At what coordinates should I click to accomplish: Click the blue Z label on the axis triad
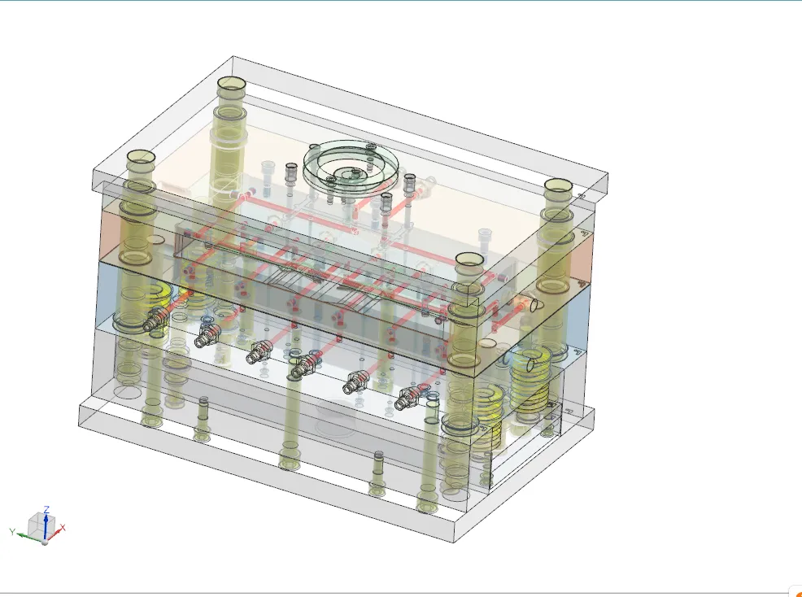(47, 509)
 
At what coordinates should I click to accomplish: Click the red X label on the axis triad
(63, 529)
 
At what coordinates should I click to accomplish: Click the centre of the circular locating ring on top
(351, 172)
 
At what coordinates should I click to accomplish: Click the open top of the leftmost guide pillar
(141, 156)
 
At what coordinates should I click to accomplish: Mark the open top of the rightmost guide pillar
(559, 185)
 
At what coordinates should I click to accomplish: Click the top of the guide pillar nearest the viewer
(469, 259)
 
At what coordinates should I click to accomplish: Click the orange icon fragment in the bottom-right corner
(798, 592)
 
